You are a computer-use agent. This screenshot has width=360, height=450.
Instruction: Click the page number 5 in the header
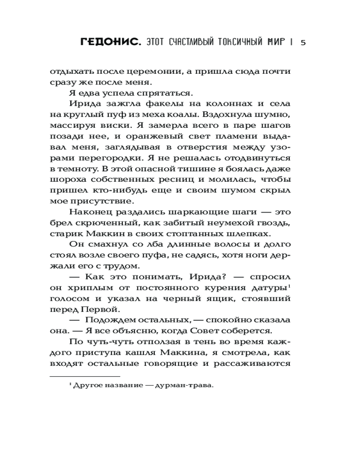coord(303,43)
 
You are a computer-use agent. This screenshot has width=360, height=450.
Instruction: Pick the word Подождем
coord(110,320)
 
